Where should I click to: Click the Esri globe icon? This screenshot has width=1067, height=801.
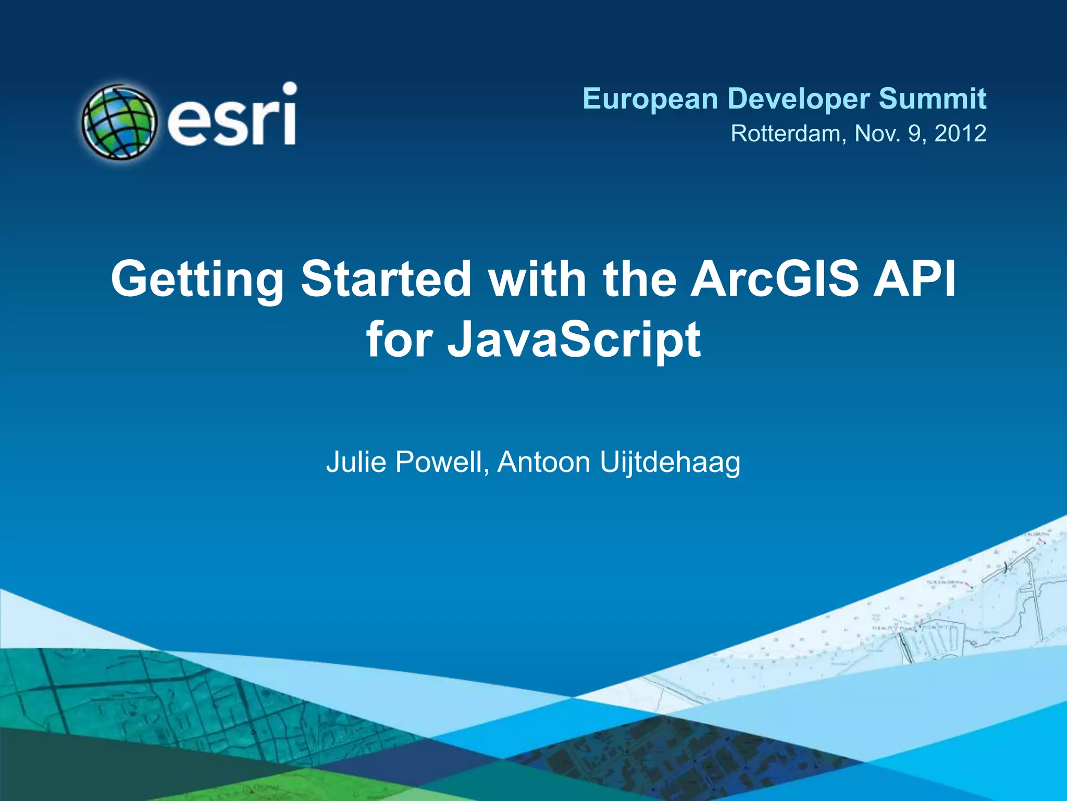coord(119,122)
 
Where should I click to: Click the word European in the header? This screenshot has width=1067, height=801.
coord(650,99)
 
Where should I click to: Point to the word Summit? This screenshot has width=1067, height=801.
coord(932,99)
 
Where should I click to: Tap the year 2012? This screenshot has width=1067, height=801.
coord(960,133)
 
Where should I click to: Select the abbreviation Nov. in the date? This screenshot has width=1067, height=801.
coord(877,133)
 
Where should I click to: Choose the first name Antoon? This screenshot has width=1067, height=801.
coord(543,462)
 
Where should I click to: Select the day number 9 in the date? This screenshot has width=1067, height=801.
coord(915,133)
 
